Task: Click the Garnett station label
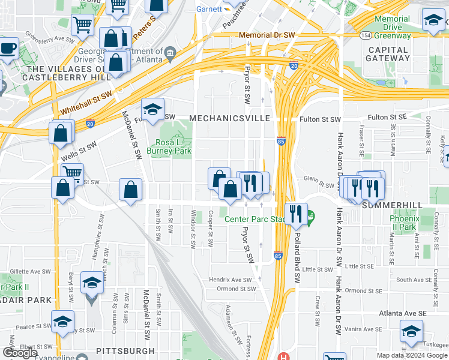click(x=208, y=10)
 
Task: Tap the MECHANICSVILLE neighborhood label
click(x=230, y=118)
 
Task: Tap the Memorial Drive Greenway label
click(x=392, y=27)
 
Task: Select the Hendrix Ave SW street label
click(x=230, y=280)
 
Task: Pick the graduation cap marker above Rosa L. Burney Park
click(x=152, y=109)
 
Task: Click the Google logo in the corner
click(x=20, y=353)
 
